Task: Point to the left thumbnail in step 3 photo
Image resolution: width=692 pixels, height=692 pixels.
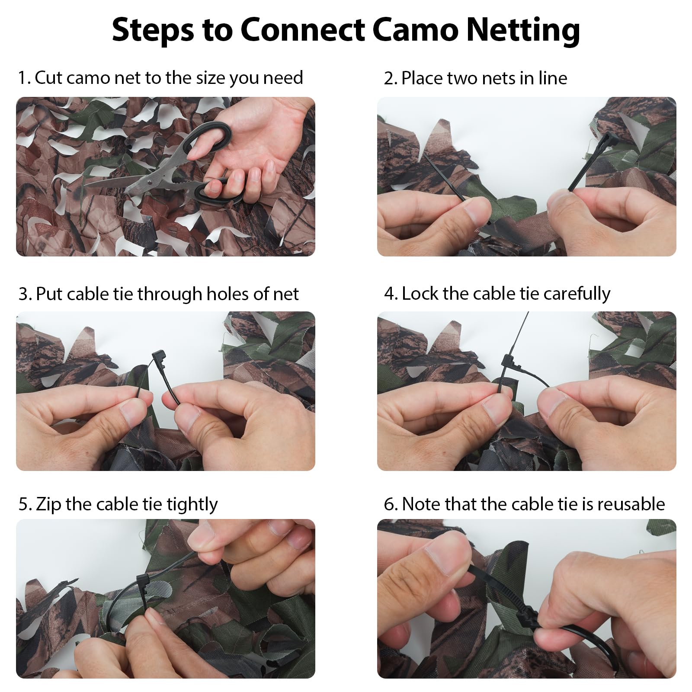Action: coord(132,410)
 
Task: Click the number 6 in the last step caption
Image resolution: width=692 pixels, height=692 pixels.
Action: coord(388,504)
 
